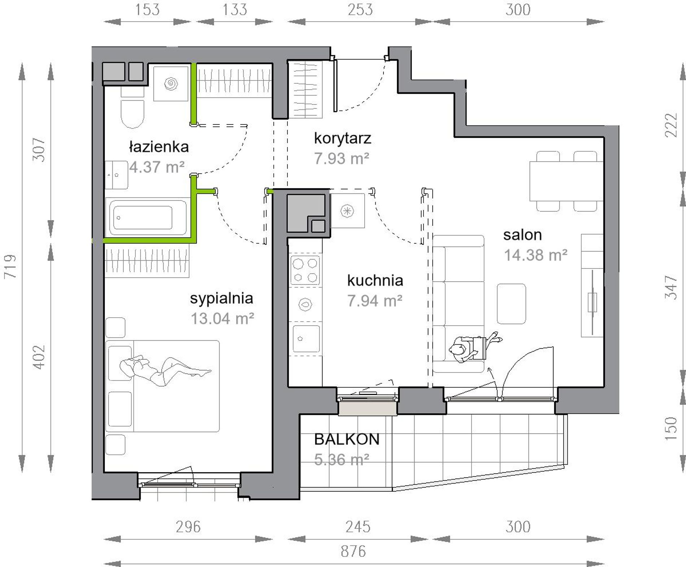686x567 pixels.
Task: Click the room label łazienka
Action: point(159,147)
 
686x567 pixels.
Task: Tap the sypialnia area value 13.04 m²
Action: point(222,319)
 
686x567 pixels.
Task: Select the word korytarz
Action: point(342,138)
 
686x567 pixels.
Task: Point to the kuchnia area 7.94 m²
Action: point(375,301)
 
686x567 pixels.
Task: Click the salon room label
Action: point(522,235)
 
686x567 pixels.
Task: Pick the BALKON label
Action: point(347,439)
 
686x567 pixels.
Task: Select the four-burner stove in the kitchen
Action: point(305,270)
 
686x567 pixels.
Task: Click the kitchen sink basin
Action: point(306,339)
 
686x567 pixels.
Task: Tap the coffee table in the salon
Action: point(511,304)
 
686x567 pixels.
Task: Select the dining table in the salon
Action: point(566,181)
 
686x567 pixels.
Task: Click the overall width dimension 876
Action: point(353,551)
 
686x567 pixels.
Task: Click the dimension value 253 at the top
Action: point(360,9)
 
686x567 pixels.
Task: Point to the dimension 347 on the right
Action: point(671,287)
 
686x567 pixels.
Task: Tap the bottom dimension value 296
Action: point(188,527)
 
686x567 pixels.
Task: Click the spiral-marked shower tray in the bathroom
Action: point(171,84)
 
